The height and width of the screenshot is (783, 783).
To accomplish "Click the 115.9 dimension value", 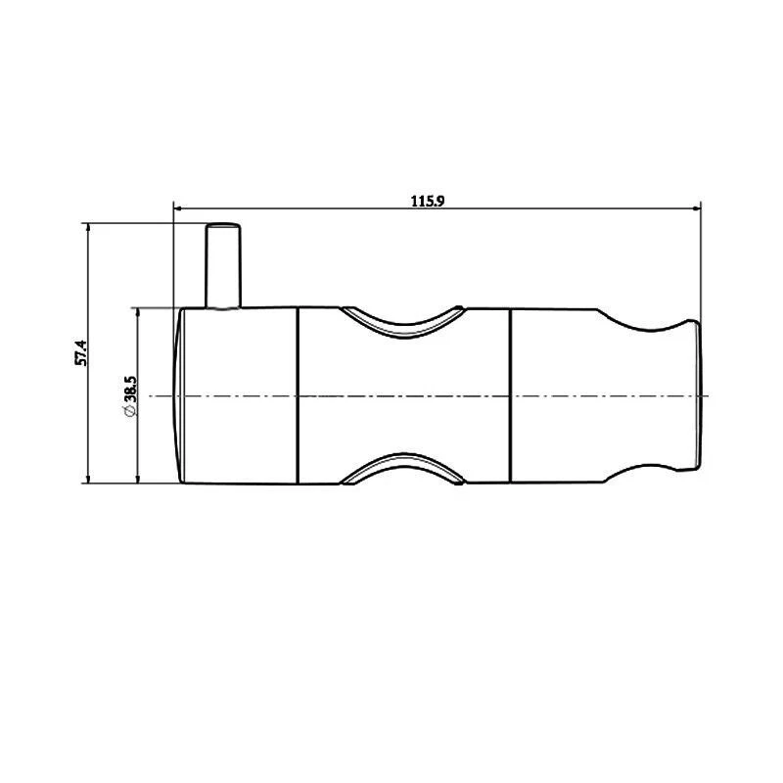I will pos(429,201).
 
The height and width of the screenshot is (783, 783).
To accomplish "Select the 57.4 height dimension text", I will pos(82,352).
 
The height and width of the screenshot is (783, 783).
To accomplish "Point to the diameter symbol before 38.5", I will pos(130,415).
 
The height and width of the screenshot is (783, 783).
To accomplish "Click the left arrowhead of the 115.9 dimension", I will pos(178,207).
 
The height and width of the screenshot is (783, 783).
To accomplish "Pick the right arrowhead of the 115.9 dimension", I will pos(697,207).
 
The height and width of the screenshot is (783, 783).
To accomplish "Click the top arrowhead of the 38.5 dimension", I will pos(137,312).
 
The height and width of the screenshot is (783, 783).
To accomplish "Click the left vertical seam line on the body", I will pos(298,395).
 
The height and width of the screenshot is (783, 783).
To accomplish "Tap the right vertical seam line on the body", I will pos(510,395).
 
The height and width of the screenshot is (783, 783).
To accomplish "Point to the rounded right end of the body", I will pos(697,395).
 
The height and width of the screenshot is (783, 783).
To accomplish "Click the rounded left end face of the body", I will pos(179,395).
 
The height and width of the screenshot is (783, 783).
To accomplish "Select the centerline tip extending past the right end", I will pos(707,395).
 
